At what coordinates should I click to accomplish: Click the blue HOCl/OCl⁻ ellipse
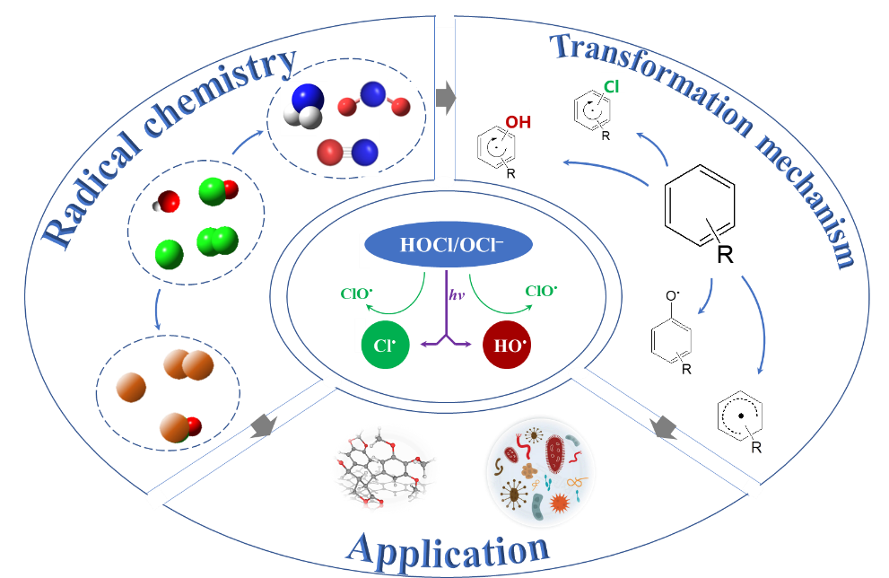449,245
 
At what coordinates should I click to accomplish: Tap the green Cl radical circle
386,345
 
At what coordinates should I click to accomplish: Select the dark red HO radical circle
507,345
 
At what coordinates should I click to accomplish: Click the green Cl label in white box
612,85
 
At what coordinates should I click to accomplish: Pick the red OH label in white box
518,121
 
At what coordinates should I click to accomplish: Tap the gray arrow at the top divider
445,98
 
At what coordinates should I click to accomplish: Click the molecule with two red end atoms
374,100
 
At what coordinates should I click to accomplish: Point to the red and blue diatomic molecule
347,152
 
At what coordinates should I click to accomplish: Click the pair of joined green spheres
218,241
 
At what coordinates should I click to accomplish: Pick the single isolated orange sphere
131,387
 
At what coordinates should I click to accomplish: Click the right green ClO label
541,291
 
